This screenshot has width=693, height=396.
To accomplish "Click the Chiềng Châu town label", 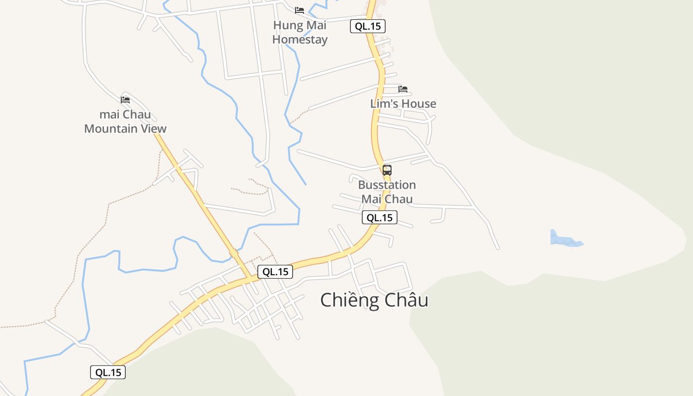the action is [374, 300].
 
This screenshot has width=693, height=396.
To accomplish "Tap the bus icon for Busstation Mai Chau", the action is [387, 170].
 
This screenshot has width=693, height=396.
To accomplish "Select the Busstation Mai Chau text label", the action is [387, 192].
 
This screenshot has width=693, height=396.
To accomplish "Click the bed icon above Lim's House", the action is [403, 89].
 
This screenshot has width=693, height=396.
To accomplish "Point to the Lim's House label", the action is [403, 103].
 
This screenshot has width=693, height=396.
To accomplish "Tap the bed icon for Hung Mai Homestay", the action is [299, 10].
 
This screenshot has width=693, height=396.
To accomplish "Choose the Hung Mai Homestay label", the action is [300, 32].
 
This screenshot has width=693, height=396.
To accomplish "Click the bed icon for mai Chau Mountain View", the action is [125, 99].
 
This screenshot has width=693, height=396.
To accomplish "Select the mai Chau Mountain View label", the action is [125, 122].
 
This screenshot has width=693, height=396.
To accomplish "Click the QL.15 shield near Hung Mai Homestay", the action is [368, 26].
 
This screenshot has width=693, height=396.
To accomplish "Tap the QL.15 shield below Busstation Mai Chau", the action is [380, 217].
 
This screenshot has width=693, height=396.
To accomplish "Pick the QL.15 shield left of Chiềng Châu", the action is [275, 271].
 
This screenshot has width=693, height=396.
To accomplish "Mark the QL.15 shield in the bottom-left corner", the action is [108, 373].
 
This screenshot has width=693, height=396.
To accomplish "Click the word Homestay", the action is [300, 40].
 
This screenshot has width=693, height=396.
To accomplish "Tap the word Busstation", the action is [387, 185].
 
